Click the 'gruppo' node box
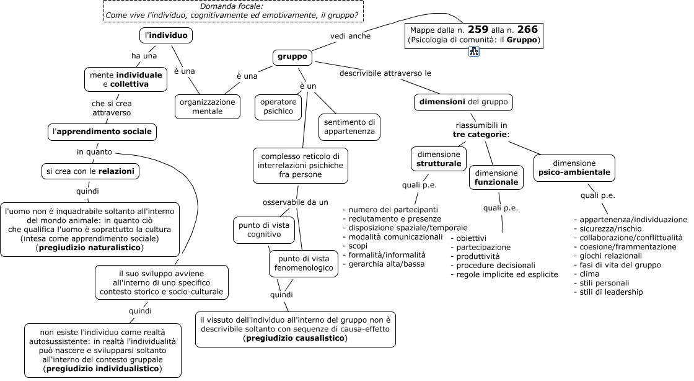click(x=292, y=56)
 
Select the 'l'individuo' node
click(x=166, y=35)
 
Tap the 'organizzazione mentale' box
click(x=207, y=107)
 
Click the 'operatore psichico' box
click(x=278, y=107)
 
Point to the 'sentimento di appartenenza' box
click(x=349, y=127)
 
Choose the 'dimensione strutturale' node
click(x=439, y=159)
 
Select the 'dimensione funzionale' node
click(x=496, y=177)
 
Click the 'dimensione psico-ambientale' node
click(x=574, y=168)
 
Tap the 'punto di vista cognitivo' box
click(x=264, y=230)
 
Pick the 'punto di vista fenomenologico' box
click(x=304, y=264)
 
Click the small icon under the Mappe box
click(x=474, y=52)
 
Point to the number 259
click(x=478, y=30)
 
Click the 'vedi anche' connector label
click(x=351, y=36)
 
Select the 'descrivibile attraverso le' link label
click(x=385, y=73)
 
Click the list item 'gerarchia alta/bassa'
click(x=384, y=264)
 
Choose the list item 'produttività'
click(x=475, y=256)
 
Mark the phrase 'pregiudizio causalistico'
click(x=295, y=338)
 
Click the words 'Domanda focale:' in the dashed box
click(x=232, y=6)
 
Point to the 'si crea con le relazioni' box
click(x=90, y=171)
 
